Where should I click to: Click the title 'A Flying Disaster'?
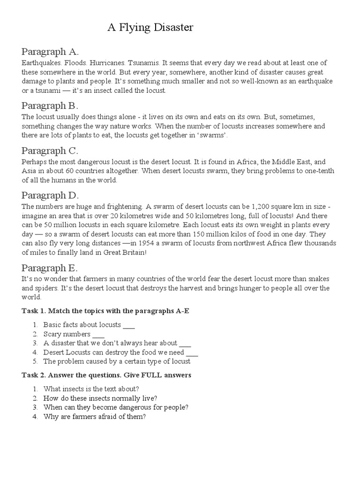(150, 28)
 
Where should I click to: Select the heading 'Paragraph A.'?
(50, 52)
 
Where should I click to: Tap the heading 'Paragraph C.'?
(50, 150)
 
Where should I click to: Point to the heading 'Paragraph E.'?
(50, 268)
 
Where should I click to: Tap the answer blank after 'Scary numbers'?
(98, 334)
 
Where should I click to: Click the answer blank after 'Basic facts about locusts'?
(128, 325)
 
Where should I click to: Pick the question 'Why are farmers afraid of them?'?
(95, 416)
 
